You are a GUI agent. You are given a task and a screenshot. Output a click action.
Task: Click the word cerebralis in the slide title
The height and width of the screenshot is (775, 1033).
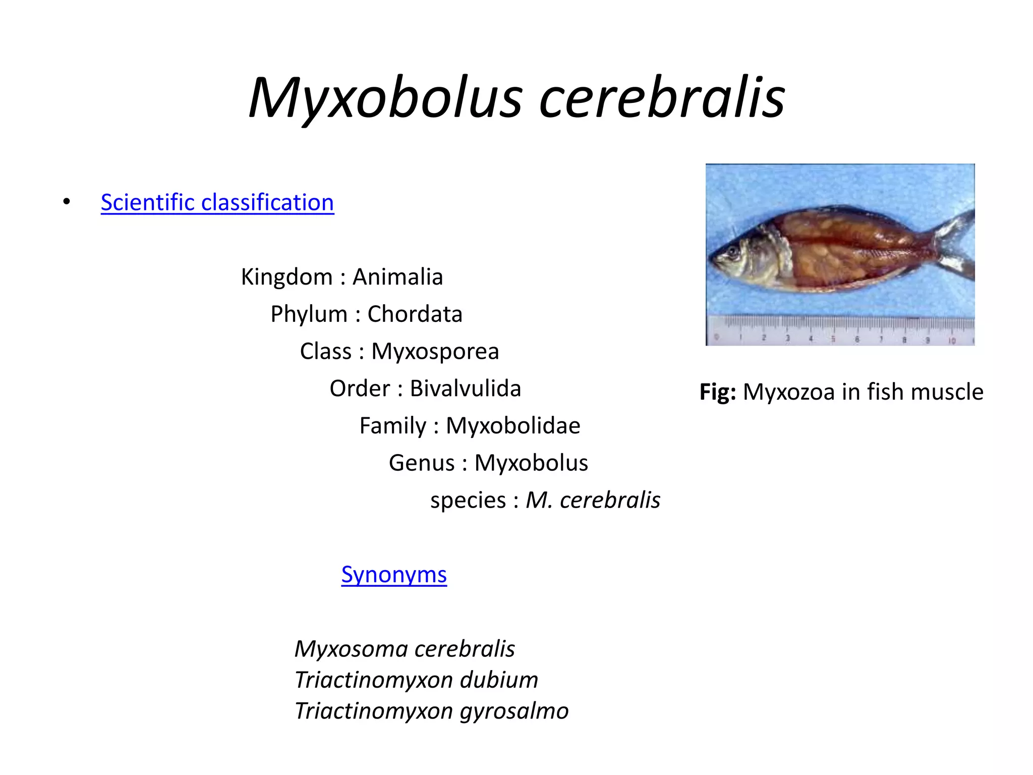(662, 98)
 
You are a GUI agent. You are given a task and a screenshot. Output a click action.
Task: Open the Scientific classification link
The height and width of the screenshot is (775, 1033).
(217, 202)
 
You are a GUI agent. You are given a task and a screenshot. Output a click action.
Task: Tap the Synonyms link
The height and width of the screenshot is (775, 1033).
(394, 574)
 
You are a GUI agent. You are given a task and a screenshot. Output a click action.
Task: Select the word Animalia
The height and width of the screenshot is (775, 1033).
(397, 276)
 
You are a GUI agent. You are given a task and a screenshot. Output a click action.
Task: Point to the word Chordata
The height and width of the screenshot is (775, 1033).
(415, 314)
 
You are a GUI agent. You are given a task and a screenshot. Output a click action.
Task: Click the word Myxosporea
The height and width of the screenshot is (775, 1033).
(435, 351)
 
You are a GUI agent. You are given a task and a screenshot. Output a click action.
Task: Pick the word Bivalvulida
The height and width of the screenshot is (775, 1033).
(465, 389)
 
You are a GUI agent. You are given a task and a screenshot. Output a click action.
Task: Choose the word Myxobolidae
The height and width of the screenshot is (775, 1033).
(513, 425)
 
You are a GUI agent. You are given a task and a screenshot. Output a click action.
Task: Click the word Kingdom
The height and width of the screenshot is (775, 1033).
(286, 276)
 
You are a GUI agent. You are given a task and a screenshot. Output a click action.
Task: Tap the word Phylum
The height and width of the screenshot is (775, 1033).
(309, 314)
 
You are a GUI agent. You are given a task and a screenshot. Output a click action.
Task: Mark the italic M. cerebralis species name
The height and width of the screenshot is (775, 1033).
(593, 500)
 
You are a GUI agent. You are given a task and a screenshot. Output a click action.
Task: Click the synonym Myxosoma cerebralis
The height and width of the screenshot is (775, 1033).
(405, 649)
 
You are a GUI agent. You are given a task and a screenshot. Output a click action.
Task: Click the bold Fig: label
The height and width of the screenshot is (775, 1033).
(717, 392)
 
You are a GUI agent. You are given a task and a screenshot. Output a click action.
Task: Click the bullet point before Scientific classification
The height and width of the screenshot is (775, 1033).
(67, 202)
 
